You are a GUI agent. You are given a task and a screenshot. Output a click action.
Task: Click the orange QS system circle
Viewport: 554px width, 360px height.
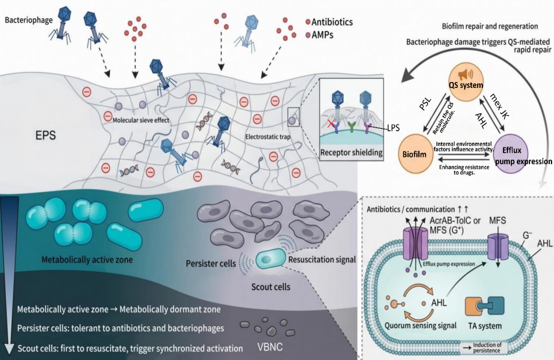pyautogui.click(x=466, y=84)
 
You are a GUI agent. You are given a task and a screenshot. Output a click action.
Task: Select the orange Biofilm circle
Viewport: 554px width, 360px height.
pyautogui.click(x=415, y=154)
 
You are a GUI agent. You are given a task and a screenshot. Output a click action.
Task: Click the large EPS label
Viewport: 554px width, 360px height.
pyautogui.click(x=46, y=135)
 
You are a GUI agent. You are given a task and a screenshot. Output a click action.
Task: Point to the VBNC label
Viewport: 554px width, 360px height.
pyautogui.click(x=270, y=347)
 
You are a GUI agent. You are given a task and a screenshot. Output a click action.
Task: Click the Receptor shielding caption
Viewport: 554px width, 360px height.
pyautogui.click(x=351, y=153)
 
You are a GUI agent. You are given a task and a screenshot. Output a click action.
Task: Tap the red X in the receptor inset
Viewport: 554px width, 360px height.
pyautogui.click(x=331, y=123)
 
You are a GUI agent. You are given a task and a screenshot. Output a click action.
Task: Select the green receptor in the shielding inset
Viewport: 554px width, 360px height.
pyautogui.click(x=351, y=126)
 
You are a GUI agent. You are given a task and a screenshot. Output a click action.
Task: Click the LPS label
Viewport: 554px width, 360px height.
pyautogui.click(x=393, y=128)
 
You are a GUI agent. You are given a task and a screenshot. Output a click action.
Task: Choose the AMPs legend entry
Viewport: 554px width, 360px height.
pyautogui.click(x=320, y=35)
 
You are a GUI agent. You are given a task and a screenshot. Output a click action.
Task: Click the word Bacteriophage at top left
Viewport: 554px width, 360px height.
pyautogui.click(x=29, y=20)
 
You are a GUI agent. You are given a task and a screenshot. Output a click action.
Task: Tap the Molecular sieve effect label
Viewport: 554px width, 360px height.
pyautogui.click(x=141, y=120)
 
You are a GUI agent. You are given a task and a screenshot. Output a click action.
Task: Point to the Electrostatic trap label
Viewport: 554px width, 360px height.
pyautogui.click(x=268, y=137)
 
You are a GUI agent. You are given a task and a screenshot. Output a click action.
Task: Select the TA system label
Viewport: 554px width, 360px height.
pyautogui.click(x=485, y=326)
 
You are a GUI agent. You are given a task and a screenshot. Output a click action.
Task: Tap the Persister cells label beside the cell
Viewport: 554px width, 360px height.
pyautogui.click(x=211, y=264)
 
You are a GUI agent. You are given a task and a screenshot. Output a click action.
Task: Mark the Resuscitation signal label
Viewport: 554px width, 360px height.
pyautogui.click(x=322, y=260)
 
